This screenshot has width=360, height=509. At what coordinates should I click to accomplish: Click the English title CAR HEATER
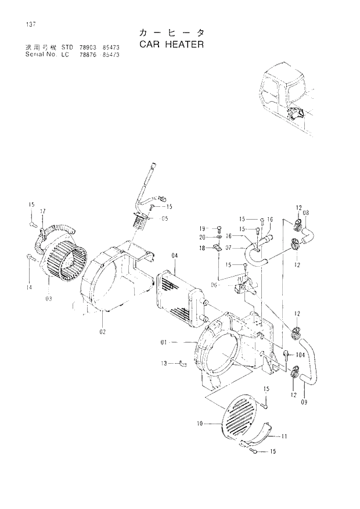pos(171,44)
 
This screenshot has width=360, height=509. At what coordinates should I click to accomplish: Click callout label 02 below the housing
pos(102,331)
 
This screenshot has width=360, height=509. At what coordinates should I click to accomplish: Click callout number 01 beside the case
pos(164,343)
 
